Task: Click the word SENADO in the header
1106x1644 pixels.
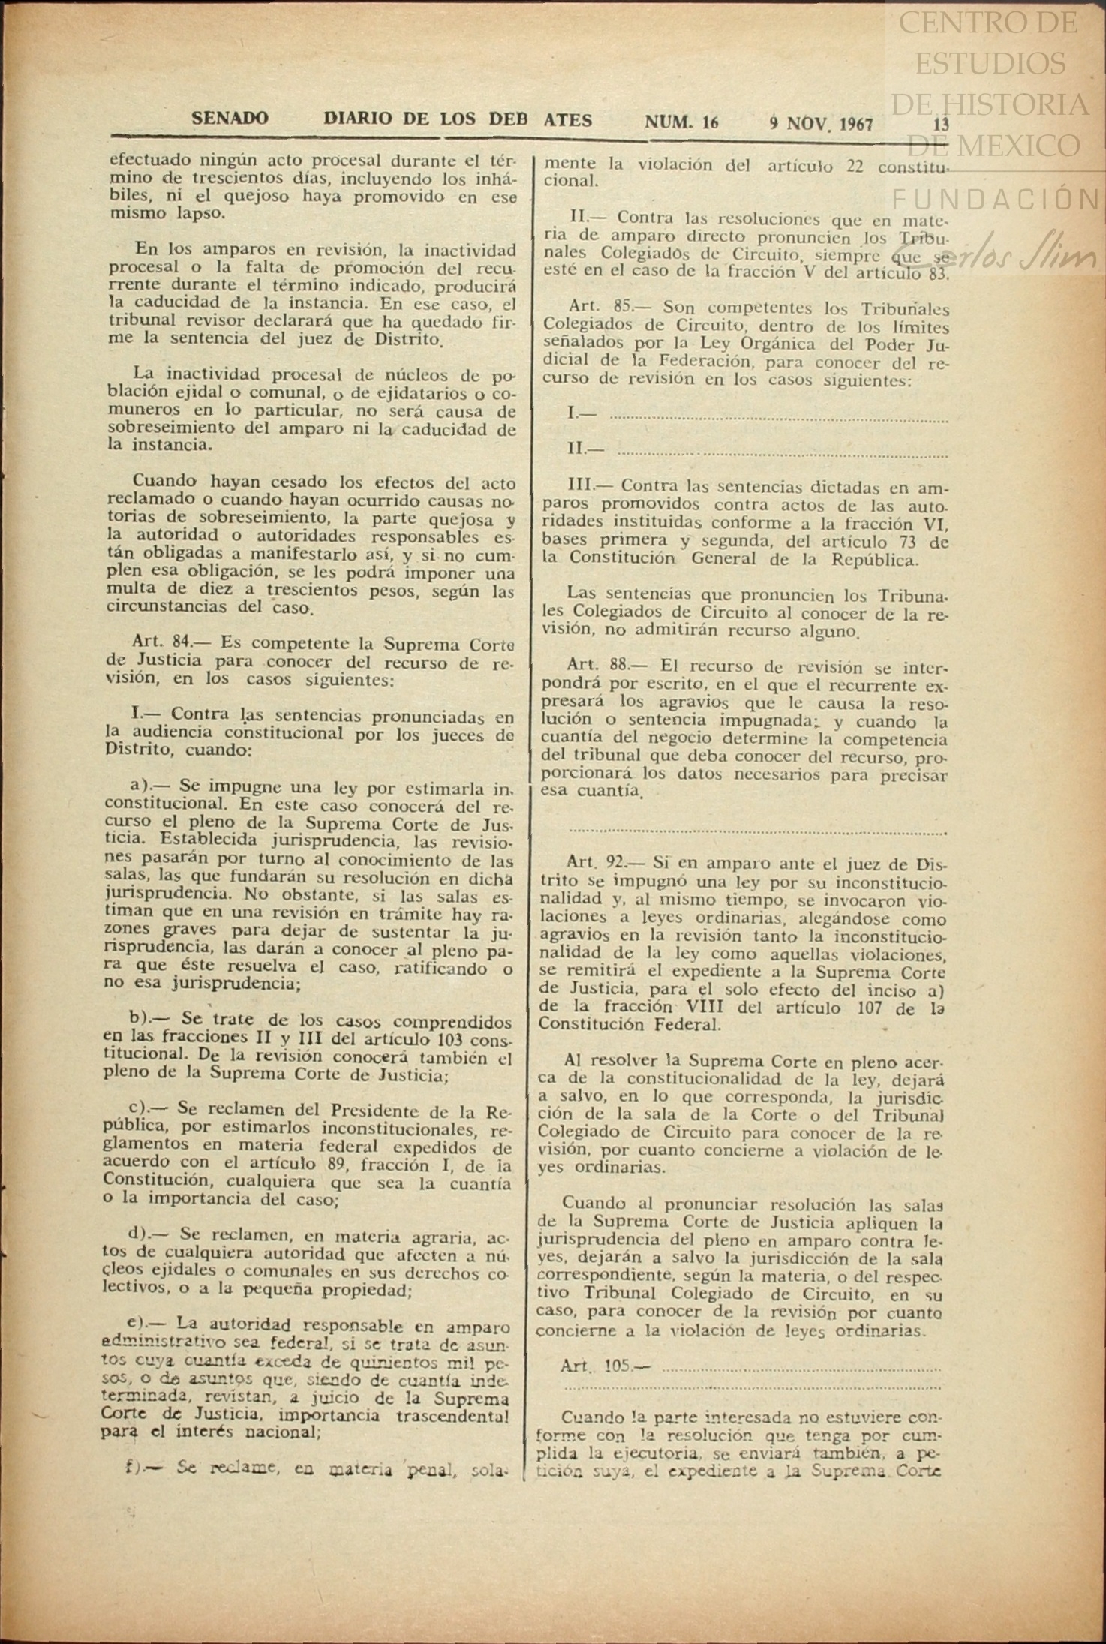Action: (230, 119)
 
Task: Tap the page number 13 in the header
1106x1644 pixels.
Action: (941, 124)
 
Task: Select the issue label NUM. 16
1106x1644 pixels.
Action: (681, 122)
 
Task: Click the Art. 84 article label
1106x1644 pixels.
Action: (160, 642)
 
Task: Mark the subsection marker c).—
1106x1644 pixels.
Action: (148, 1108)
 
